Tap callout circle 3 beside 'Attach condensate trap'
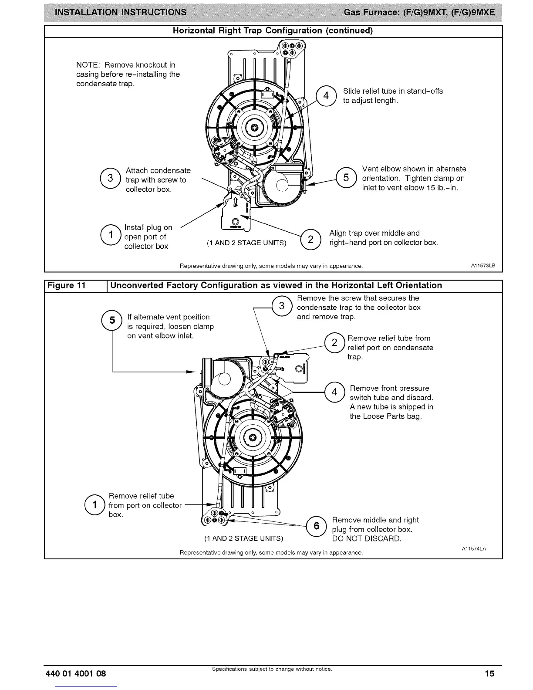(x=110, y=179)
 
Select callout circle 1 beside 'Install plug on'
(x=110, y=236)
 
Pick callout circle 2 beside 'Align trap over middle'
(x=310, y=239)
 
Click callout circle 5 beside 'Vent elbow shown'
(x=346, y=178)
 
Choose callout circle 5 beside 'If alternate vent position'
(x=112, y=321)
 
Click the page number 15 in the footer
(x=490, y=673)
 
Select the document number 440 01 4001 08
(x=76, y=673)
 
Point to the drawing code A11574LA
(x=474, y=548)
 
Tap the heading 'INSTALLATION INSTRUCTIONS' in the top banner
(x=118, y=12)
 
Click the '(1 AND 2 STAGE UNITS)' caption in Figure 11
(x=244, y=538)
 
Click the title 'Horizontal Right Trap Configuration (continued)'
(x=273, y=31)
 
